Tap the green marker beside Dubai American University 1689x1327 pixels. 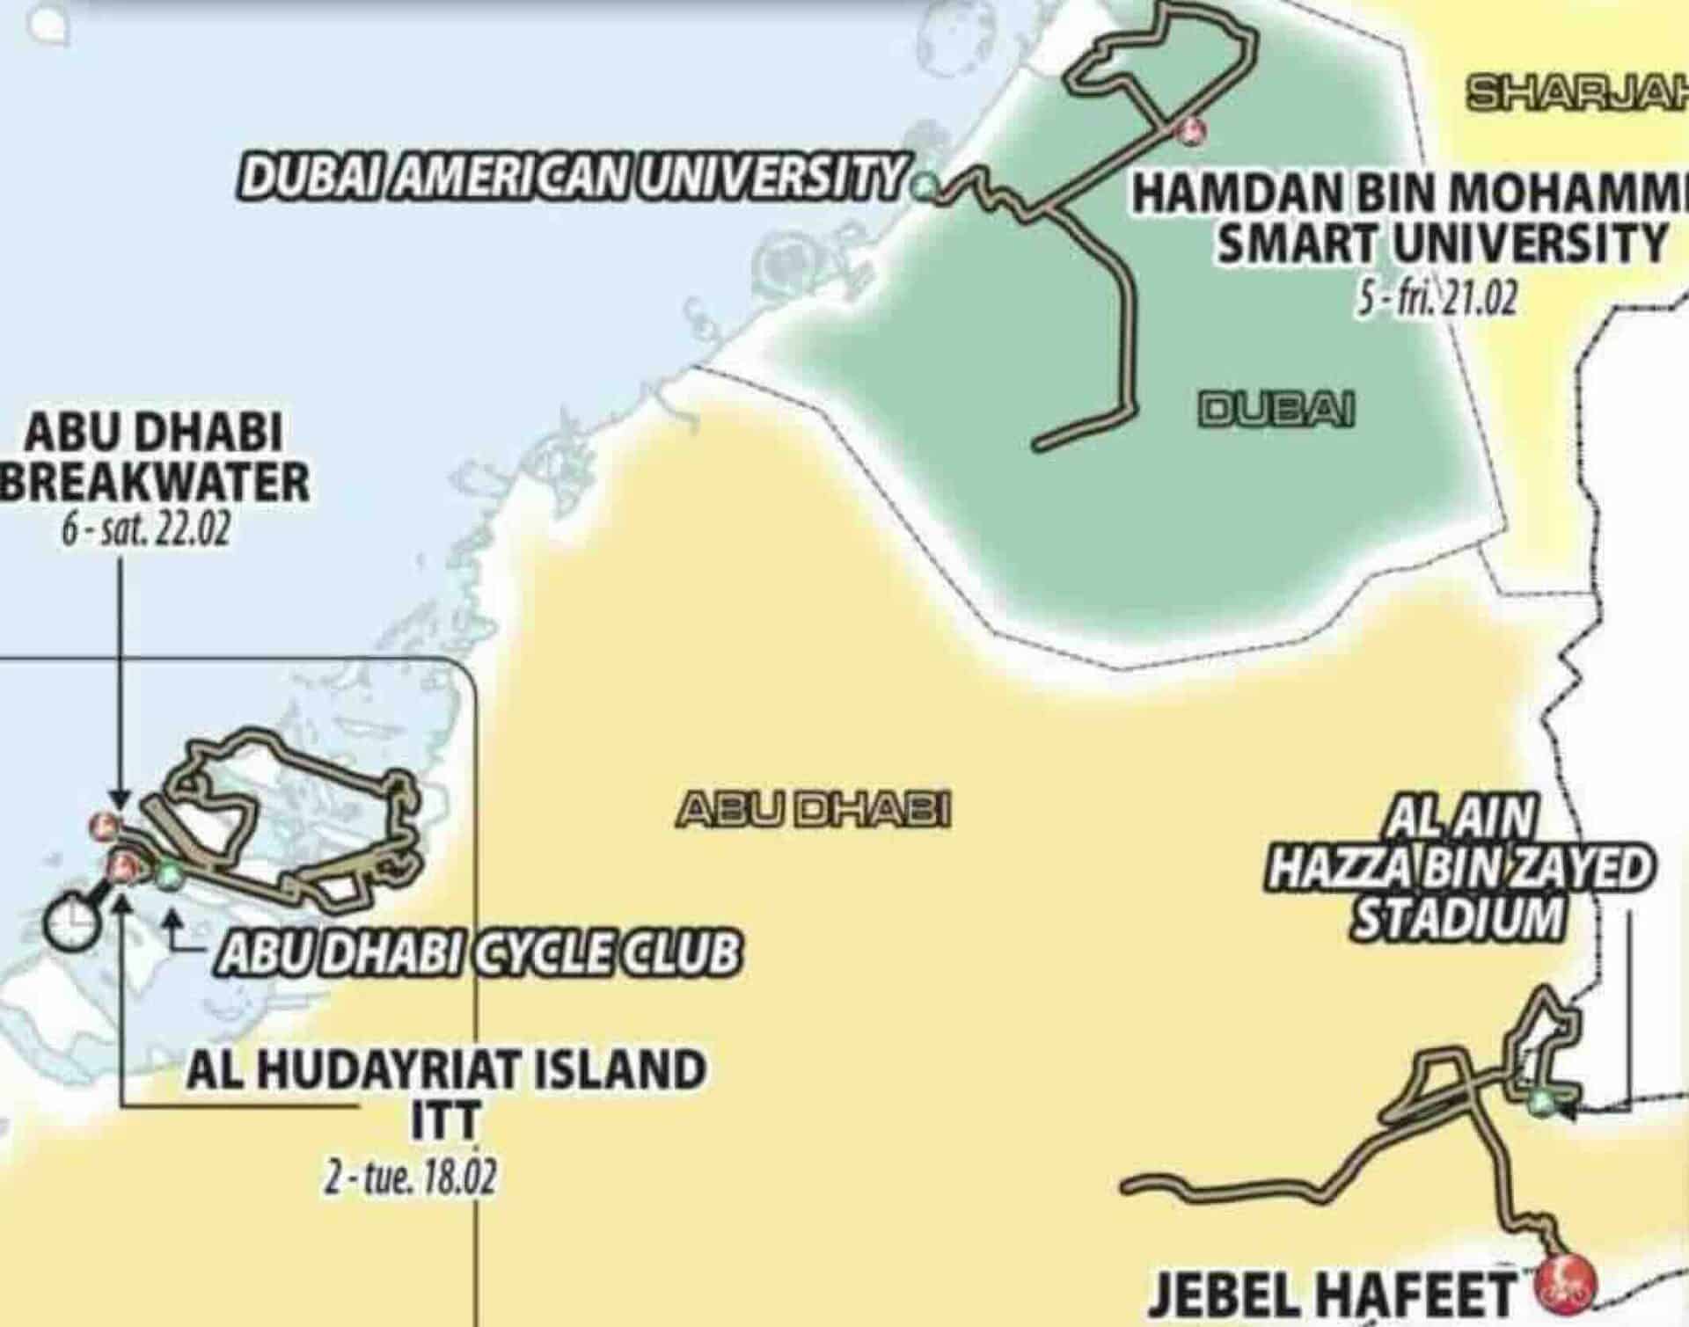[924, 186]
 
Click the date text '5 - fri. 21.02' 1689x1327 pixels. [1437, 301]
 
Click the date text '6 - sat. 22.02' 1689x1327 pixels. [145, 533]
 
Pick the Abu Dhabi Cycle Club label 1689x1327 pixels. [479, 953]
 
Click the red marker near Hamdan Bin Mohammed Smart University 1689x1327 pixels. [1192, 130]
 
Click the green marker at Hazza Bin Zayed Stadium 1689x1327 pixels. [1539, 1101]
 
